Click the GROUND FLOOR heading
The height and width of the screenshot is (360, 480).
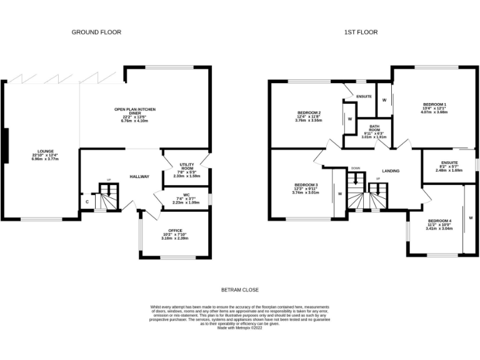[x=96, y=32]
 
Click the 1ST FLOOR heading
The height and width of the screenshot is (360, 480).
[x=360, y=32]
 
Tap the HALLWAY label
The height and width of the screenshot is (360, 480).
[x=139, y=177]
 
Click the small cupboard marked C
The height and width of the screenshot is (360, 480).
[x=87, y=201]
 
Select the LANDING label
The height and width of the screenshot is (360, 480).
[x=391, y=171]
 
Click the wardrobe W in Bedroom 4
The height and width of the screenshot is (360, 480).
[x=470, y=217]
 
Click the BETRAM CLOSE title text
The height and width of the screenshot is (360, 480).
[x=240, y=290]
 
